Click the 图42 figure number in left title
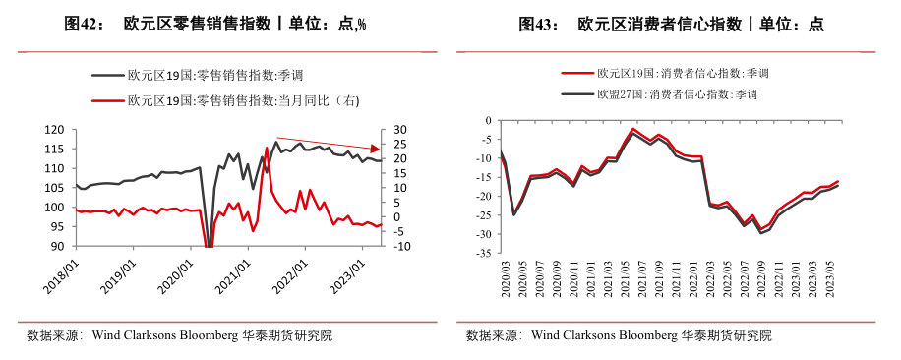(x=84, y=25)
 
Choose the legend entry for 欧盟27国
(x=666, y=94)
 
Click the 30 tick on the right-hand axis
(x=398, y=130)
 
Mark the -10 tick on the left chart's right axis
(x=400, y=247)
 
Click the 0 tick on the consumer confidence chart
(x=487, y=120)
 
